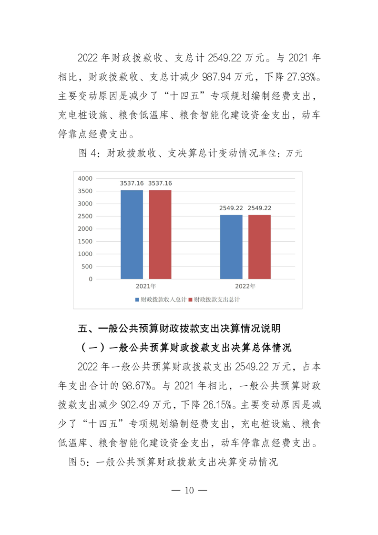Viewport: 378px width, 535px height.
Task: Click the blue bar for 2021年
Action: (x=132, y=234)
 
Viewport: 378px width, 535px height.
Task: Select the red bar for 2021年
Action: (x=160, y=234)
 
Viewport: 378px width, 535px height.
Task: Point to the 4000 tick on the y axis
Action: (x=85, y=178)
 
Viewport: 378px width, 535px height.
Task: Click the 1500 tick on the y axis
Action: (x=85, y=241)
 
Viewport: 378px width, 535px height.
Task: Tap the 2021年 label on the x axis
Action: (x=146, y=287)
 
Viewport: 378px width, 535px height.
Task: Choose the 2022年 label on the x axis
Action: (x=245, y=287)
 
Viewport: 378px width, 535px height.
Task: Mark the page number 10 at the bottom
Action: (x=189, y=491)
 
